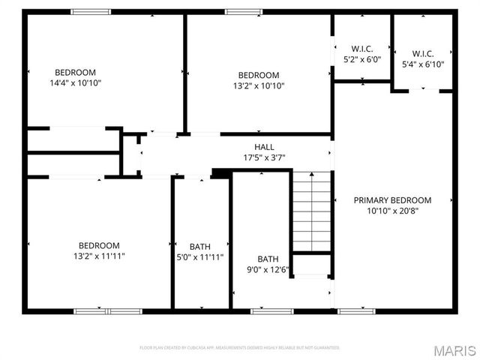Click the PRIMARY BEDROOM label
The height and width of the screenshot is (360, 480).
tap(392, 200)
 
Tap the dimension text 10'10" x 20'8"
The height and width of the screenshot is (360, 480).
tap(392, 211)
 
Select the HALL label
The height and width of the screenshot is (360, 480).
tap(265, 147)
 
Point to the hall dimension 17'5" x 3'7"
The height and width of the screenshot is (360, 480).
tap(265, 157)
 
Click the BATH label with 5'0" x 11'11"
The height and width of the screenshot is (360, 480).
tap(200, 246)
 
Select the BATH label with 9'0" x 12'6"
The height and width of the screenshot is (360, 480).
tap(268, 259)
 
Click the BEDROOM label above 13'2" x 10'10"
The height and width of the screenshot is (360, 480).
tap(259, 75)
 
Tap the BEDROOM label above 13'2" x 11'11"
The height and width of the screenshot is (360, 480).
tap(99, 245)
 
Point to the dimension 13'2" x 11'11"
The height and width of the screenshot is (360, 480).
tap(99, 256)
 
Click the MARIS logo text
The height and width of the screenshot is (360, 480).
tap(456, 349)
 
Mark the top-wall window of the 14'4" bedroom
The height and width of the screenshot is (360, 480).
tap(91, 12)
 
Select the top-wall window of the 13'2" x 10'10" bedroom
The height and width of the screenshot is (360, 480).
tap(238, 12)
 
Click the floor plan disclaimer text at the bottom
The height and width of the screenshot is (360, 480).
tap(240, 348)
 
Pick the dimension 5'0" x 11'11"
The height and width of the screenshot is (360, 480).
tap(200, 256)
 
